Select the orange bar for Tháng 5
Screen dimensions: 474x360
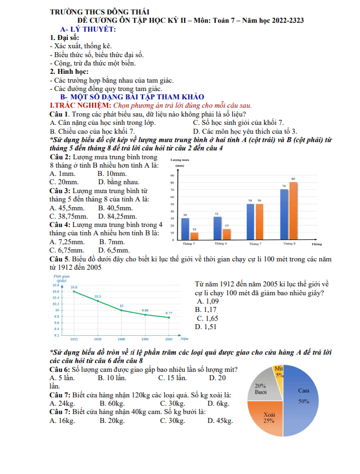[194, 235]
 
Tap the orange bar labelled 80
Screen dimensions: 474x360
[293, 210]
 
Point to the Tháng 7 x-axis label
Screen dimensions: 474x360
[255, 244]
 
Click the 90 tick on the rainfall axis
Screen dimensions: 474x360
[173, 175]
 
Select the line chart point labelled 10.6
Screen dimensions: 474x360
[74, 291]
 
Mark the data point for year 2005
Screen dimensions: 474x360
[169, 317]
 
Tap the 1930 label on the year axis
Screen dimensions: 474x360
[98, 338]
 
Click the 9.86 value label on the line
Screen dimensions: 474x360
[145, 310]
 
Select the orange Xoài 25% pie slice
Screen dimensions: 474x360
[268, 417]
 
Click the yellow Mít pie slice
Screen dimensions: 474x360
[280, 371]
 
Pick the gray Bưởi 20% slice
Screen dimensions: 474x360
[261, 387]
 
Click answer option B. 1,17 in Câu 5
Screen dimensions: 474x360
[205, 309]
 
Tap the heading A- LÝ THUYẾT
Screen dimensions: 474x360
[88, 28]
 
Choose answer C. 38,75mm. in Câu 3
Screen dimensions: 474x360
[68, 216]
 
